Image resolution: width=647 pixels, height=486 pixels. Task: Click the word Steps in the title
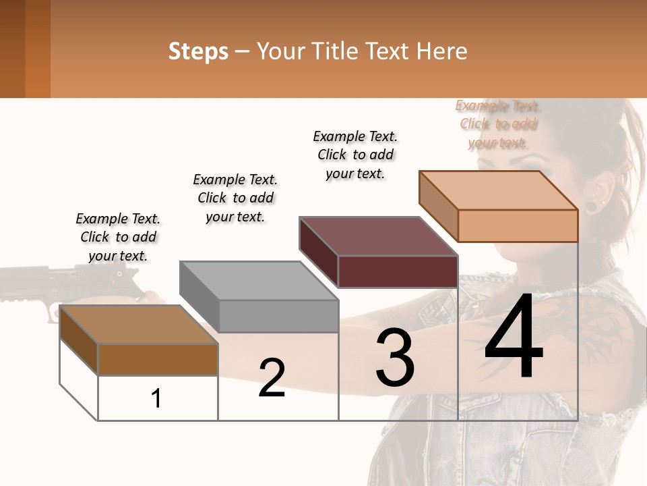(198, 51)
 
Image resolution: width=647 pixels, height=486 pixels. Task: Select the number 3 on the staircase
(394, 358)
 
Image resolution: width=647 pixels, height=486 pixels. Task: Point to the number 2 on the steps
(272, 378)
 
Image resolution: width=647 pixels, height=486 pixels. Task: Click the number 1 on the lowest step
(156, 399)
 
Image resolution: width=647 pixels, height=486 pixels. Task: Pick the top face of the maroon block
(378, 236)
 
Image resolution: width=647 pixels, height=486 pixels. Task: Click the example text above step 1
(118, 237)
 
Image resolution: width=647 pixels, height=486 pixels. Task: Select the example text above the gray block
(235, 198)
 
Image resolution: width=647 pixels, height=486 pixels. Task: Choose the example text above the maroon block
(355, 155)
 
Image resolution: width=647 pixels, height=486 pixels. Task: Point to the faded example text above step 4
(498, 124)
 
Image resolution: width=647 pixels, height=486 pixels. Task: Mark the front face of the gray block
(279, 316)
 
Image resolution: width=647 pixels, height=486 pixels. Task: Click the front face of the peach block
(518, 225)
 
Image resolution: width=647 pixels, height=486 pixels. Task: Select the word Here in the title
(441, 51)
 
